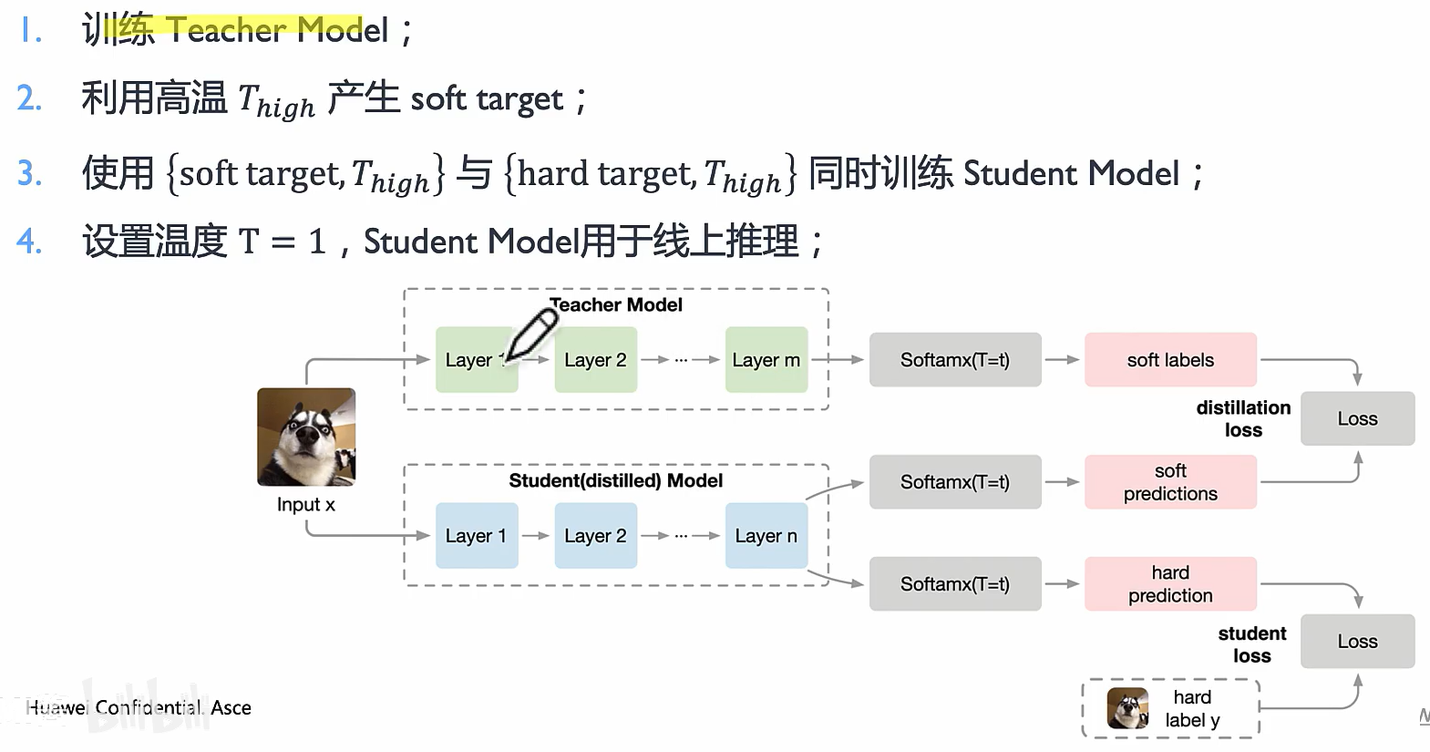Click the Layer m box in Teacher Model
(766, 360)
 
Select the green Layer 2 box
(595, 360)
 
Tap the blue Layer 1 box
(476, 536)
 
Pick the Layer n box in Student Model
(766, 536)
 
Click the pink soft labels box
(1170, 360)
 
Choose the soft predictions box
(1170, 482)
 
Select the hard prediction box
(1170, 584)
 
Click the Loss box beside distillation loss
(1357, 418)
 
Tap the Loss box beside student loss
(1357, 641)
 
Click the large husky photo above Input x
(306, 437)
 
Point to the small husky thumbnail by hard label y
(1127, 708)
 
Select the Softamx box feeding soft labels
(954, 360)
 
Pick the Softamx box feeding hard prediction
(954, 584)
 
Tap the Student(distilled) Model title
(615, 480)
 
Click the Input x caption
(305, 505)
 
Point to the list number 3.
(29, 173)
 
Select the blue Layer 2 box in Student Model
(595, 536)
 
